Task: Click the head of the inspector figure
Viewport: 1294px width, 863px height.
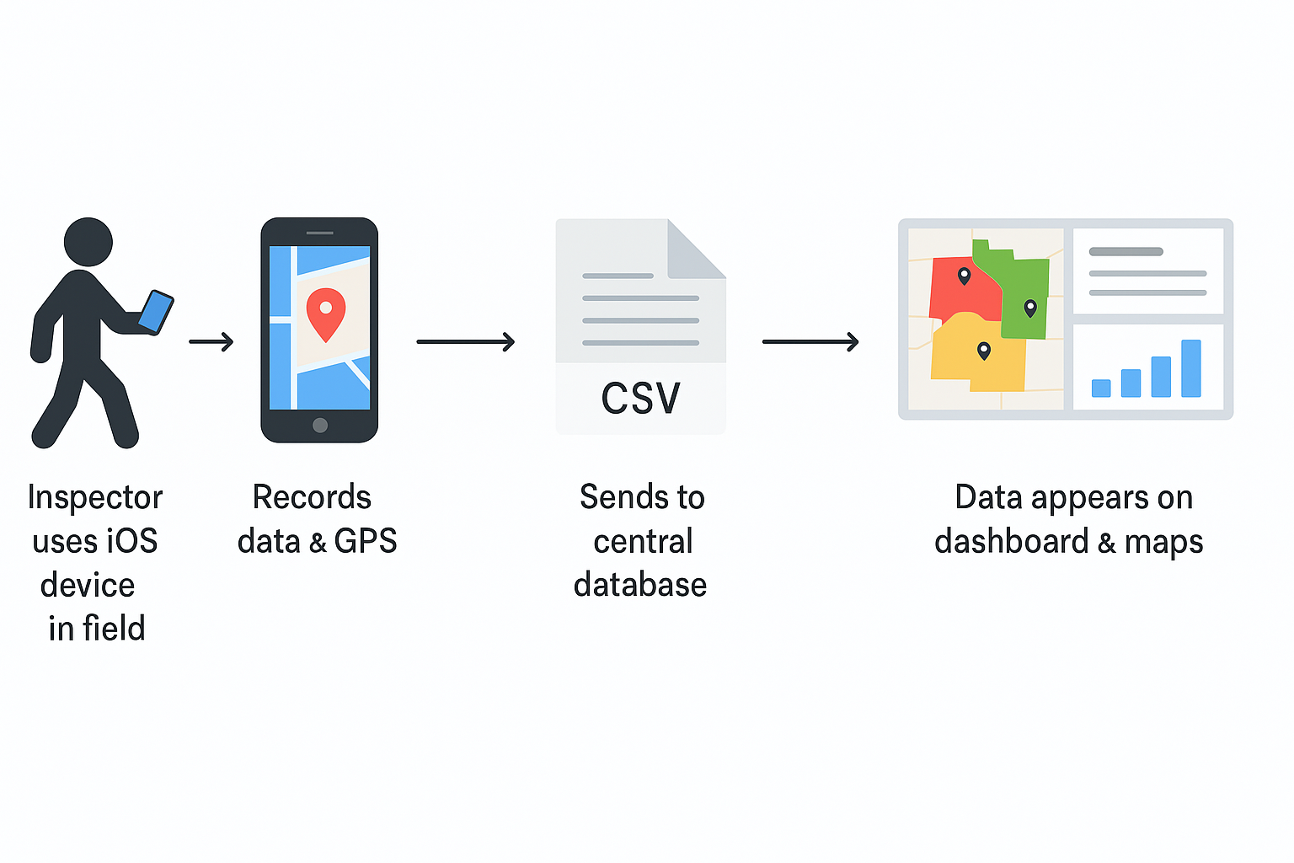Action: [x=88, y=242]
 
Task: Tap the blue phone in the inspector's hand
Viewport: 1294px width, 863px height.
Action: [x=156, y=312]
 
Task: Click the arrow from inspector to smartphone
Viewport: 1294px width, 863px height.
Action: [x=211, y=341]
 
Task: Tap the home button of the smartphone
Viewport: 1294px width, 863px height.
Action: [x=319, y=425]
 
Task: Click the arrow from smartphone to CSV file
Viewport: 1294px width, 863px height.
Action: [x=465, y=341]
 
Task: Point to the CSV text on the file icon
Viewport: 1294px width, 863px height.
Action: [x=640, y=399]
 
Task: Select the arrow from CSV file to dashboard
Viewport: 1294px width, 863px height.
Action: [x=810, y=341]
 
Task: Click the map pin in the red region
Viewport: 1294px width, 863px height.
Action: [x=965, y=276]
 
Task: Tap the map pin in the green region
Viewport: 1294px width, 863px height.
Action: [x=1029, y=308]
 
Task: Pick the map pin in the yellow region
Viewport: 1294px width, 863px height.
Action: [x=983, y=351]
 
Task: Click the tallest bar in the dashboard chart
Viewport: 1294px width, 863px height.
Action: [x=1190, y=368]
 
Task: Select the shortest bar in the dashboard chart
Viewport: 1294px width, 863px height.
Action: [x=1100, y=388]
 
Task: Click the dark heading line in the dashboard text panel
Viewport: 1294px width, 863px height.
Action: [x=1126, y=251]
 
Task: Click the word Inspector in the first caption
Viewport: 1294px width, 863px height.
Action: [x=95, y=497]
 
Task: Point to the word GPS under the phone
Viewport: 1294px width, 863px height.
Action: [x=366, y=541]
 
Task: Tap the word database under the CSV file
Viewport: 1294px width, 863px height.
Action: [x=640, y=585]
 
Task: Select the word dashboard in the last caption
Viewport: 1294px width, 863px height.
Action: [x=1011, y=541]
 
